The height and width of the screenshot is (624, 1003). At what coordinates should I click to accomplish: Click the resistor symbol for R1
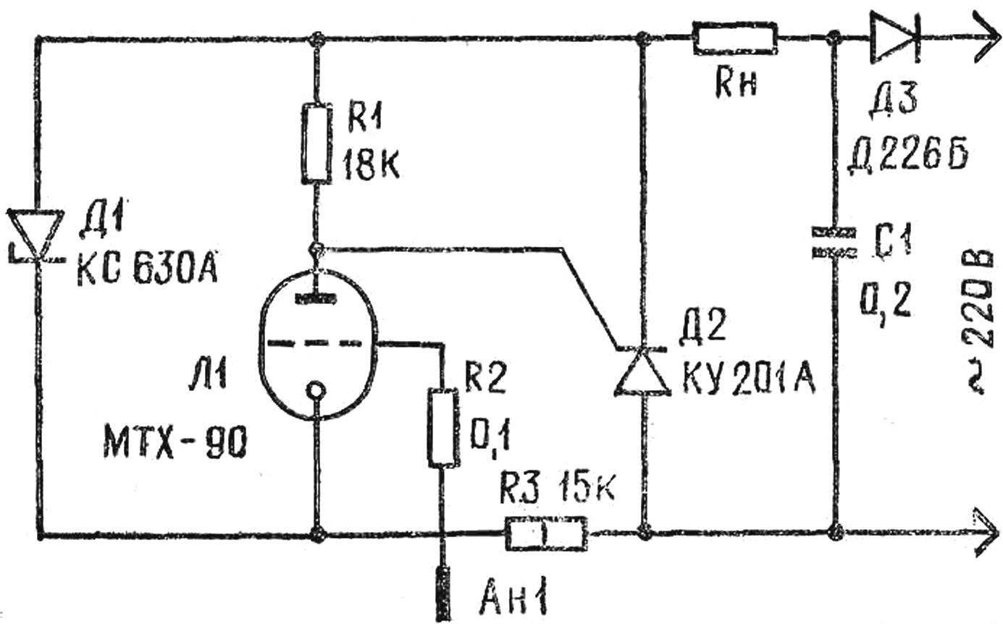[x=317, y=143]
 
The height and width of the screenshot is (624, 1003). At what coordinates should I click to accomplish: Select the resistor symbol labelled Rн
[x=735, y=38]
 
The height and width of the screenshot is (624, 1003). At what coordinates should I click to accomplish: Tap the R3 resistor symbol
[x=546, y=534]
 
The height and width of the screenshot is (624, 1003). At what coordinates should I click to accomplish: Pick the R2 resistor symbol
[x=443, y=428]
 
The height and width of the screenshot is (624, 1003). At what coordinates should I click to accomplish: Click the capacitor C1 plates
[x=834, y=243]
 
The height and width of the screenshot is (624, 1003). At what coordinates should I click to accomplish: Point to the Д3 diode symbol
[x=894, y=38]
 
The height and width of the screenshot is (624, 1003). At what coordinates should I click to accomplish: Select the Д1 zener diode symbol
[x=35, y=235]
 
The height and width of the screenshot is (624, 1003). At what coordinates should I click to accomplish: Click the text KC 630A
[x=148, y=268]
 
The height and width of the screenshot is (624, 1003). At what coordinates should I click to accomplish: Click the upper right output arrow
[x=985, y=38]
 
